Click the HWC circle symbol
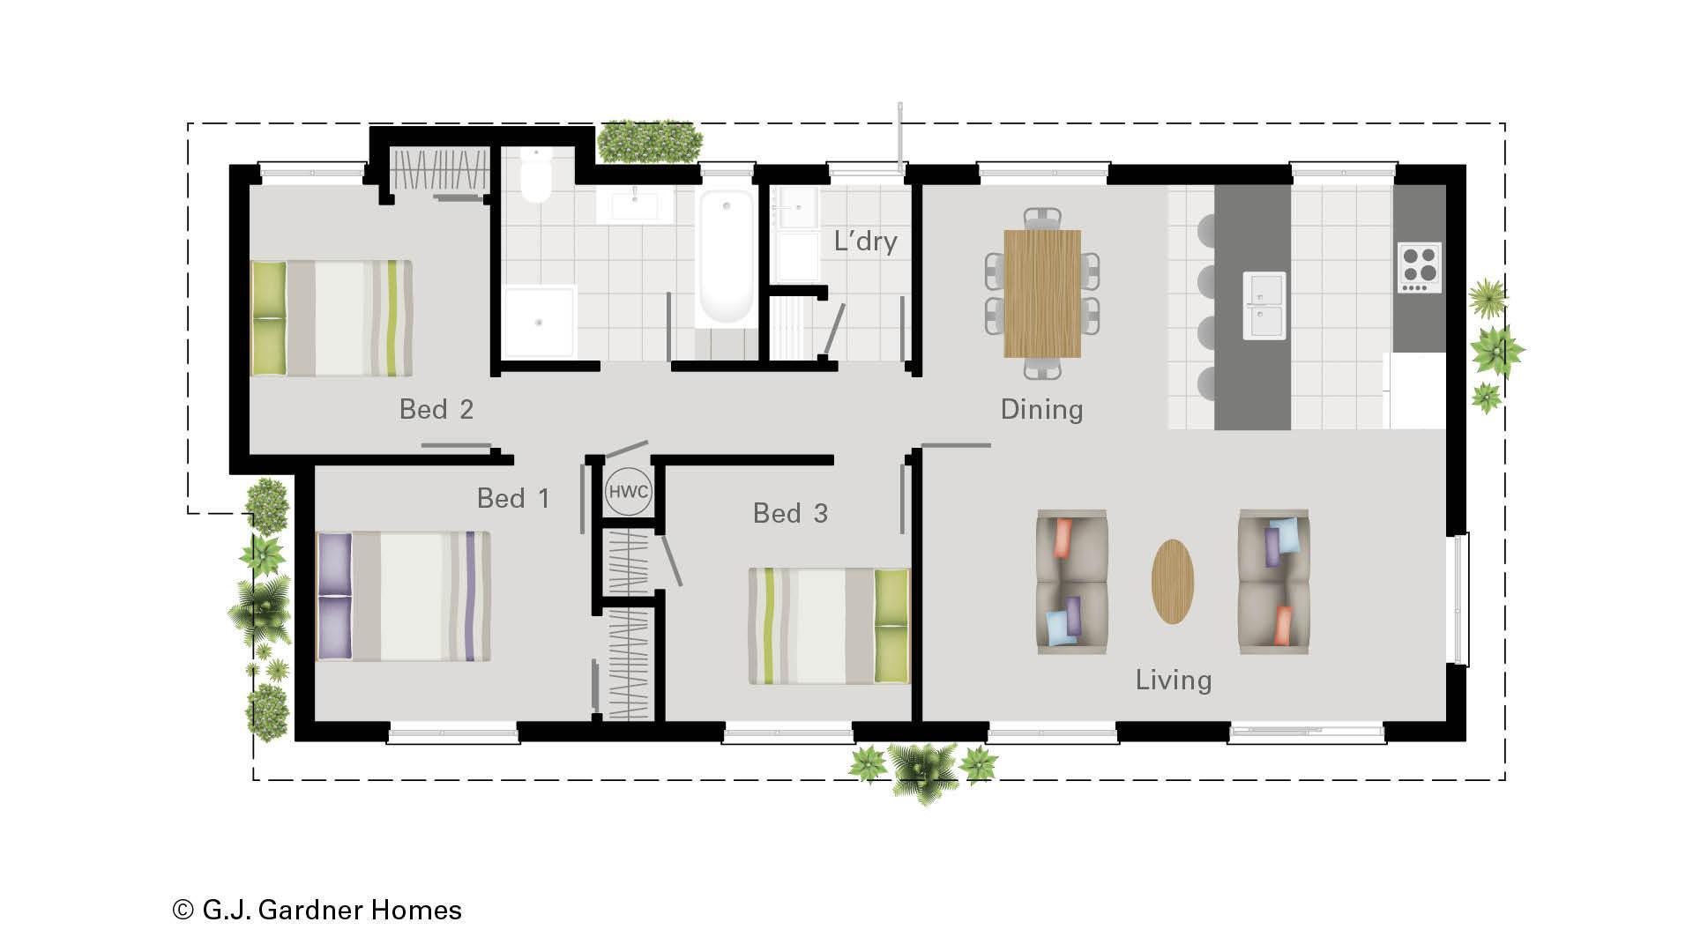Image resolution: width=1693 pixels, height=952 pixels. click(x=629, y=492)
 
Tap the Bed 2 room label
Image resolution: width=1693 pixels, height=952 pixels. click(x=436, y=409)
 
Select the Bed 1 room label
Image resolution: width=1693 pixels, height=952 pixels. click(x=513, y=498)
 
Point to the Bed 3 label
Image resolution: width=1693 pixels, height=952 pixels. click(x=790, y=513)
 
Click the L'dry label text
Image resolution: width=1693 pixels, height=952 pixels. click(x=865, y=241)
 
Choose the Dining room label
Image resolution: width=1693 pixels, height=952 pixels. click(x=1041, y=409)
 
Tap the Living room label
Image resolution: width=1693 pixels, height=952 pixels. click(x=1173, y=680)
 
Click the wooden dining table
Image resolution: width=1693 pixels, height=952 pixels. click(x=1042, y=293)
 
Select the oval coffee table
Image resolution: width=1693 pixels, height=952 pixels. click(x=1173, y=582)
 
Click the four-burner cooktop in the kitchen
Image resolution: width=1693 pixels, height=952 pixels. click(x=1419, y=267)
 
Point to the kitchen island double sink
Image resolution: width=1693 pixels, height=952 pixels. click(x=1264, y=305)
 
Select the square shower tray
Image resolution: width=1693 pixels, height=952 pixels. click(x=539, y=322)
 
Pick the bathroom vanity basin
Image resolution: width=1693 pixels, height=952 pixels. click(x=635, y=205)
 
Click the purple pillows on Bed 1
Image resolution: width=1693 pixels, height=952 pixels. click(x=334, y=596)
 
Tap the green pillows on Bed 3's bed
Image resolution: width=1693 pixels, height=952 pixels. click(x=891, y=626)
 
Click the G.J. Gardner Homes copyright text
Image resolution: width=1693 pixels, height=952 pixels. click(x=317, y=910)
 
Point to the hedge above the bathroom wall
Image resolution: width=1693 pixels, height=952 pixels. click(x=650, y=142)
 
